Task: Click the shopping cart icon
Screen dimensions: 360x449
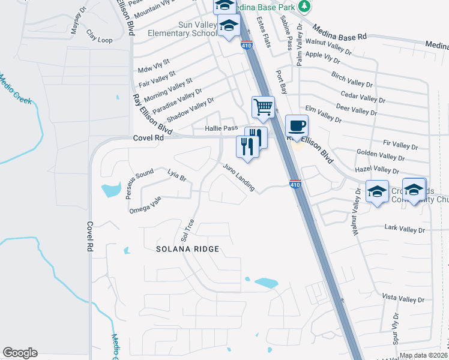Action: coord(263,107)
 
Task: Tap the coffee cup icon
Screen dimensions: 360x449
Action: coord(296,126)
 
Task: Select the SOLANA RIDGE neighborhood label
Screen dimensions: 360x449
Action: coord(187,248)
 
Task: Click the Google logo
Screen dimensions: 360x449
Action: coord(20,353)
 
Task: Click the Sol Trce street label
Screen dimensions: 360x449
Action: coord(188,229)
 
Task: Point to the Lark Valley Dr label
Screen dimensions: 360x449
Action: coord(404,229)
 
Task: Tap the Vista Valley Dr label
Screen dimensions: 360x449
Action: coord(403,298)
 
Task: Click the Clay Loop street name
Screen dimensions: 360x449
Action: coord(99,37)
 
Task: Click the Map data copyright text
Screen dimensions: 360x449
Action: coord(423,355)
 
